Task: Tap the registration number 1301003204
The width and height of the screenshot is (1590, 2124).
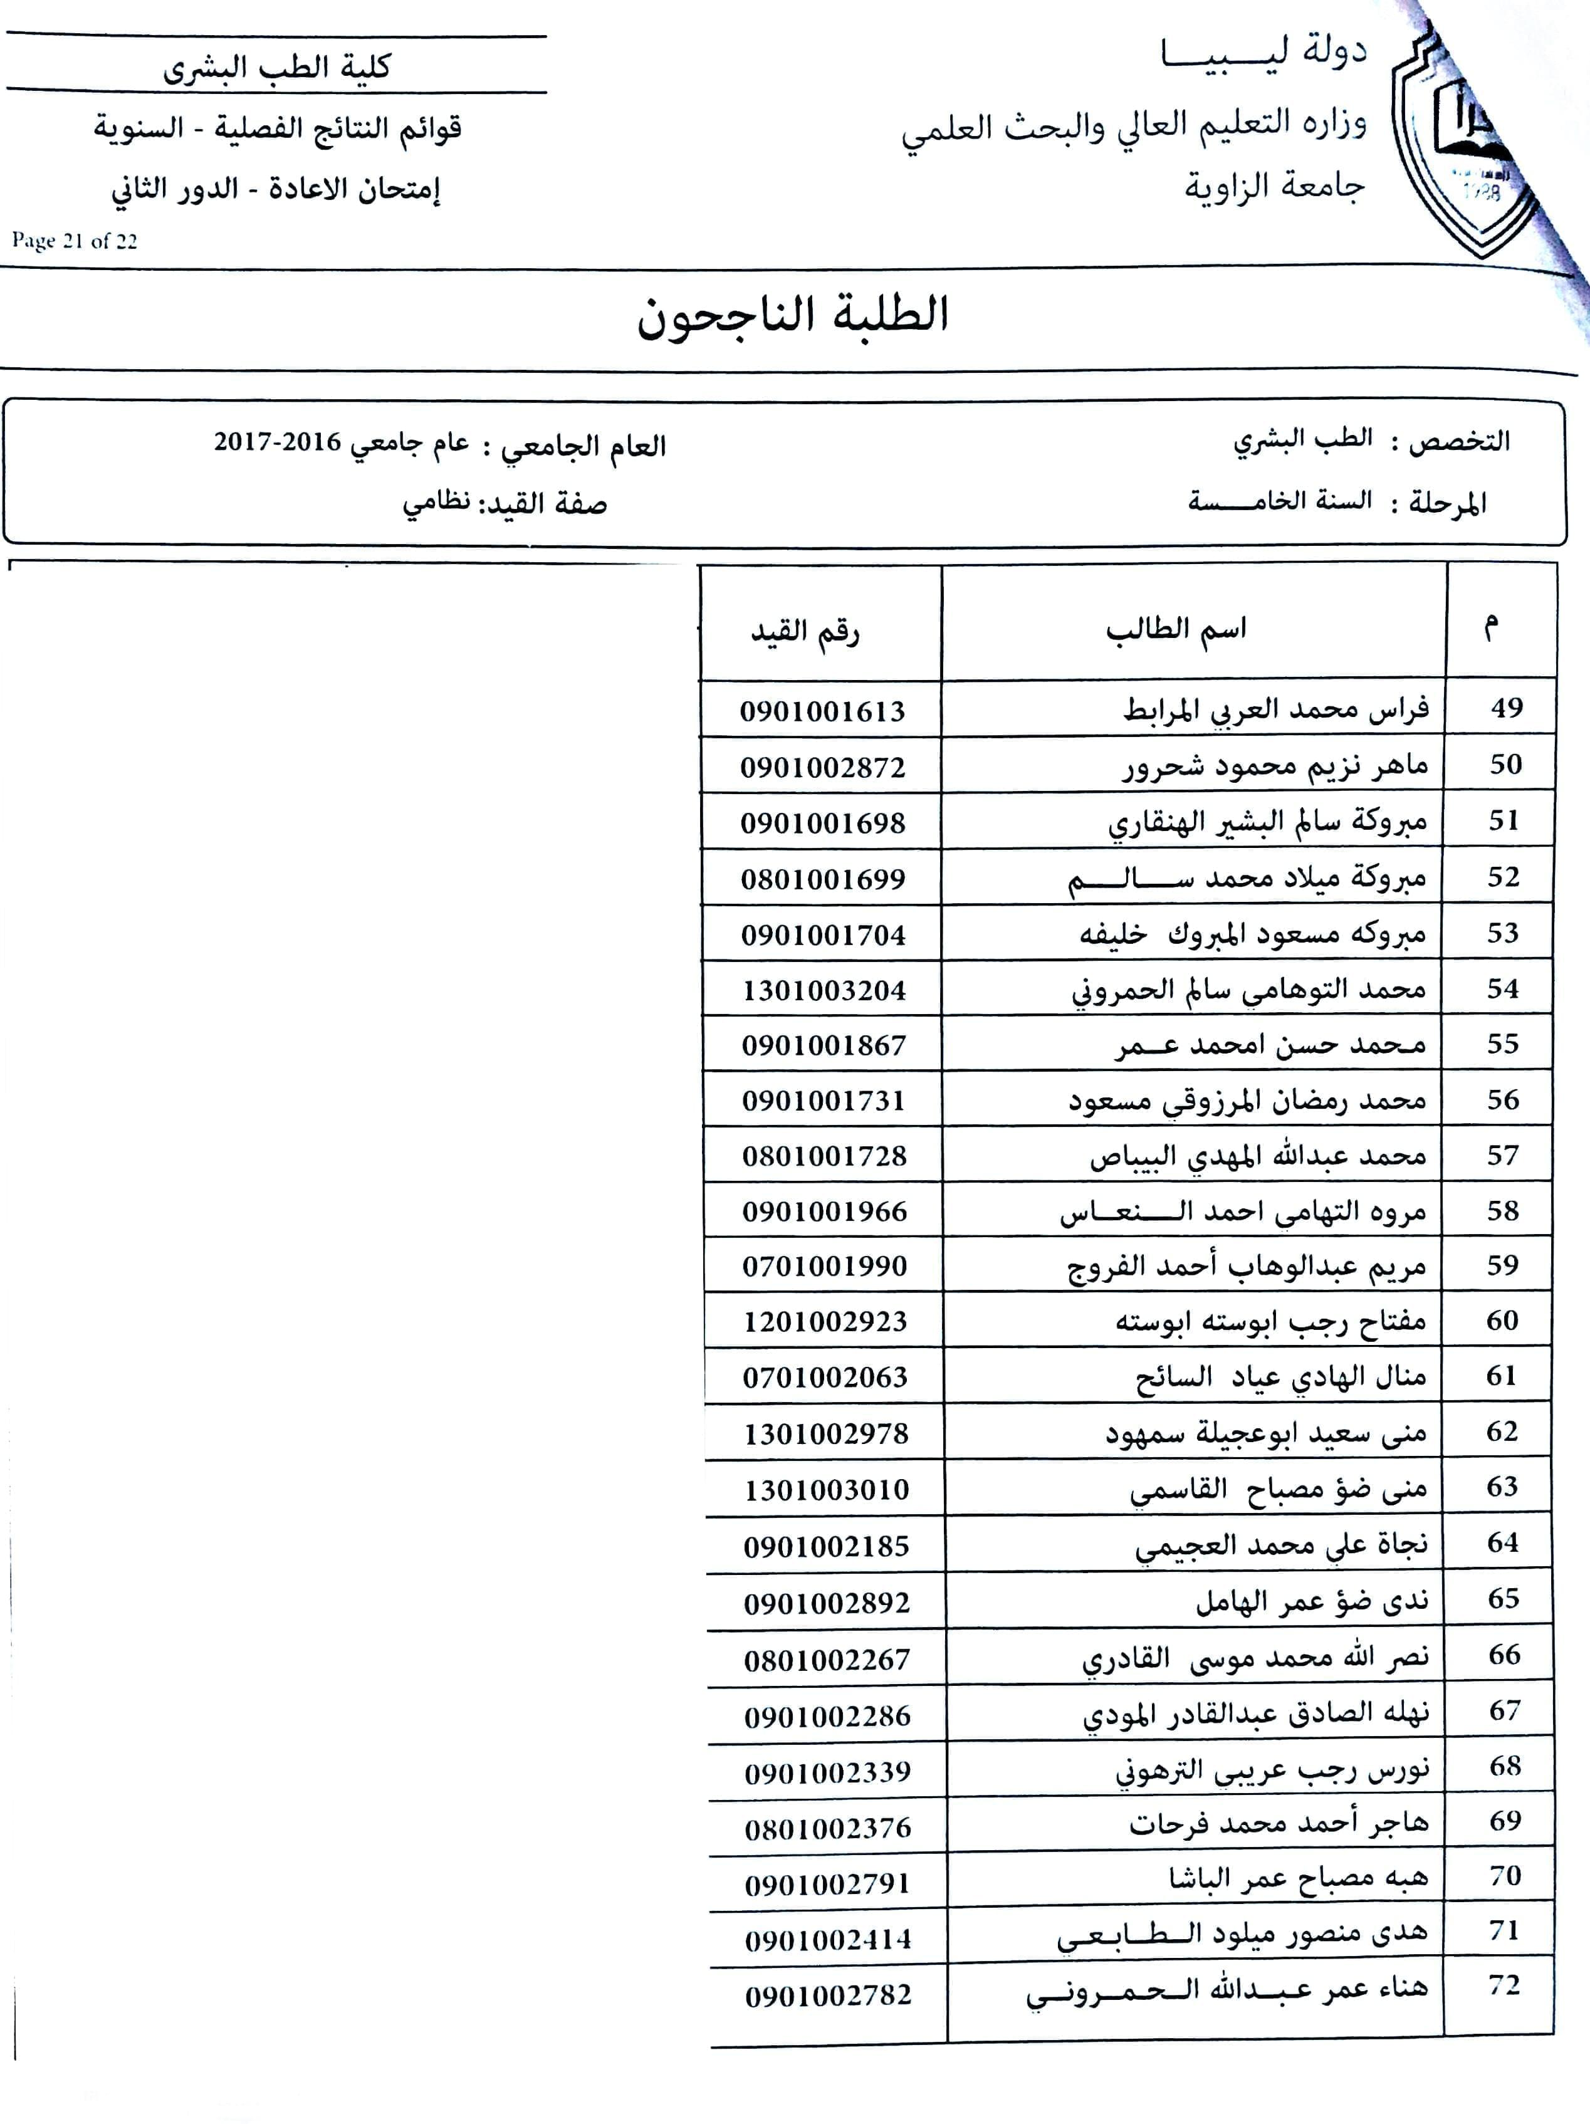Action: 824,990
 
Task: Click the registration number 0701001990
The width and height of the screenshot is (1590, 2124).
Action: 825,1267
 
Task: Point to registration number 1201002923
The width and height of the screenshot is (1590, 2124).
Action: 825,1322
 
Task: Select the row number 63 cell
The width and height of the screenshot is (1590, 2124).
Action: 1502,1487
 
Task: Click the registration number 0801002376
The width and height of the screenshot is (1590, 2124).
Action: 828,1828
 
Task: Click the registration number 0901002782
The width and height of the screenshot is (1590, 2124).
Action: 828,1996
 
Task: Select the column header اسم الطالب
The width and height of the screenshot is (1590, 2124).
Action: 1176,630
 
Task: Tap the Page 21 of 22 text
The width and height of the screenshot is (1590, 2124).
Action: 75,241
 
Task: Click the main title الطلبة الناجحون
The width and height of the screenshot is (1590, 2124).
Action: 793,315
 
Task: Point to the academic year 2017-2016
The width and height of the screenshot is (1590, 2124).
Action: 278,442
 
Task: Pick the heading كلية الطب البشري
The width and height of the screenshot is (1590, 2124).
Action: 276,67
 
